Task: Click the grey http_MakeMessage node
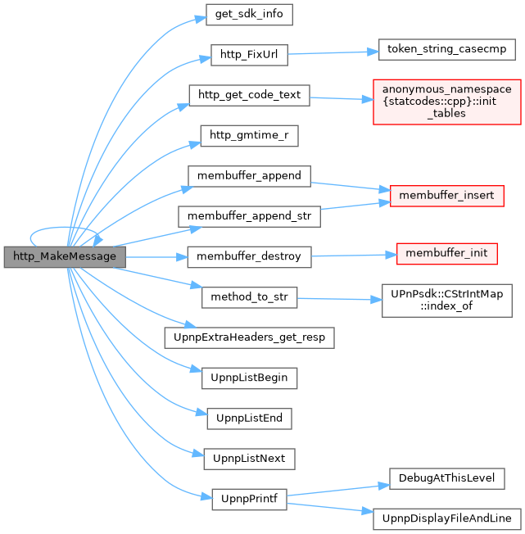pyautogui.click(x=65, y=256)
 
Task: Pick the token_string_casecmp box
pyautogui.click(x=446, y=50)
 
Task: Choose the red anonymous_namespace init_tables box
pyautogui.click(x=446, y=101)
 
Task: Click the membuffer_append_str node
pyautogui.click(x=249, y=215)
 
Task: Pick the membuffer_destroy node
pyautogui.click(x=249, y=256)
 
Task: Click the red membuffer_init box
pyautogui.click(x=446, y=253)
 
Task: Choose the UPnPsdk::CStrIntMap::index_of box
pyautogui.click(x=446, y=301)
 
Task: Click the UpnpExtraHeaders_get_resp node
pyautogui.click(x=249, y=337)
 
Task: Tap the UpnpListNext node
pyautogui.click(x=249, y=458)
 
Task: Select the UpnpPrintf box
pyautogui.click(x=249, y=498)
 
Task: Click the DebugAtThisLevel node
pyautogui.click(x=446, y=477)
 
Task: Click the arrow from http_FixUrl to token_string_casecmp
pyautogui.click(x=332, y=53)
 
